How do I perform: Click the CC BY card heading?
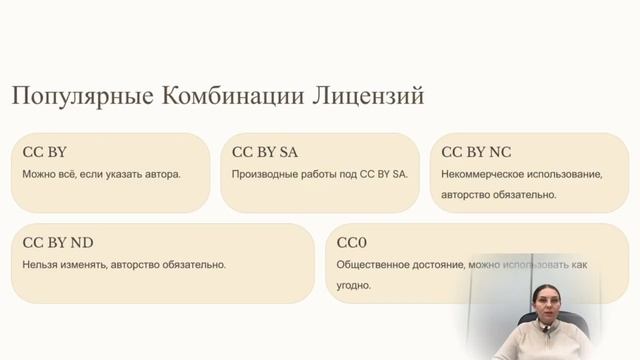pyautogui.click(x=44, y=153)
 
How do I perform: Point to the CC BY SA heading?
pyautogui.click(x=265, y=153)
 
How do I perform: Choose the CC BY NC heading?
pyautogui.click(x=476, y=153)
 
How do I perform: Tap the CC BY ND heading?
pyautogui.click(x=58, y=242)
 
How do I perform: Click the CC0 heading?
pyautogui.click(x=353, y=242)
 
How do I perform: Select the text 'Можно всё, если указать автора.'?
pyautogui.click(x=101, y=174)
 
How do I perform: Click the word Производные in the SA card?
pyautogui.click(x=263, y=174)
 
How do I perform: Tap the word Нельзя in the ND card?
pyautogui.click(x=40, y=265)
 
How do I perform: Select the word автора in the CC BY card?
pyautogui.click(x=162, y=174)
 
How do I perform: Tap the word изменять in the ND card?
pyautogui.click(x=86, y=265)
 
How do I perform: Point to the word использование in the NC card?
pyautogui.click(x=565, y=174)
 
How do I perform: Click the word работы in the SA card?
pyautogui.click(x=317, y=174)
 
